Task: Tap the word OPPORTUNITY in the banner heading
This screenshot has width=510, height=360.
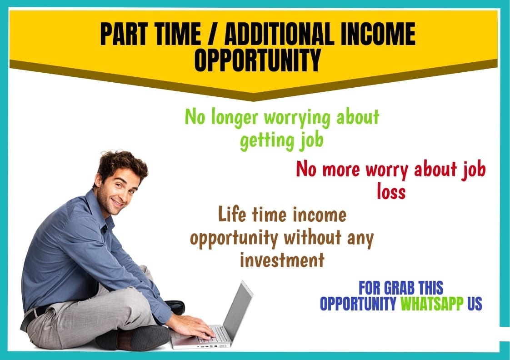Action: pos(257,60)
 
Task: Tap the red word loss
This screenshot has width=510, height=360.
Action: pos(391,192)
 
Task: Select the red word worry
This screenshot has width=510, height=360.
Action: pos(378,170)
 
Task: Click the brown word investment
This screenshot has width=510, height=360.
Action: pos(282,260)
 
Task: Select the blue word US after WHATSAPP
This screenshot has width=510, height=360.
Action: pos(474,304)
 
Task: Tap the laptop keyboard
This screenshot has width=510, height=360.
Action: pos(213,335)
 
